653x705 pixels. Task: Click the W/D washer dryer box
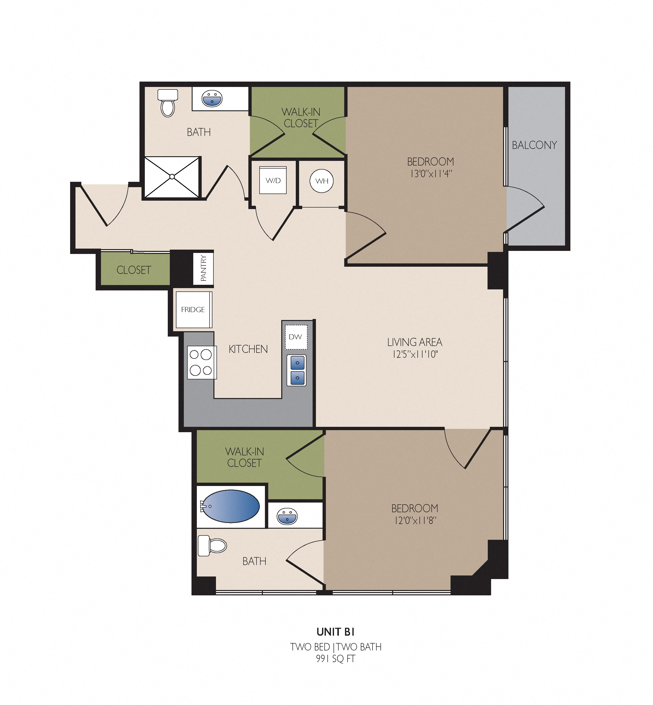pyautogui.click(x=273, y=180)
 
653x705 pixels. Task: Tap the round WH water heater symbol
pyautogui.click(x=322, y=181)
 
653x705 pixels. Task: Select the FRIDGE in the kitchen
pyautogui.click(x=194, y=310)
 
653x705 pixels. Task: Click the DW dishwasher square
pyautogui.click(x=296, y=337)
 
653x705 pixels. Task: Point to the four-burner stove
pyautogui.click(x=201, y=362)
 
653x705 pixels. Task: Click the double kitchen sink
pyautogui.click(x=297, y=370)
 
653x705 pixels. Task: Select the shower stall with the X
pyautogui.click(x=172, y=177)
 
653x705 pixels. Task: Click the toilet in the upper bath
pyautogui.click(x=168, y=103)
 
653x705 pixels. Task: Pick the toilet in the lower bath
pyautogui.click(x=212, y=546)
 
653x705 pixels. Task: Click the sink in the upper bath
pyautogui.click(x=212, y=99)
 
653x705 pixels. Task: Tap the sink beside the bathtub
pyautogui.click(x=287, y=516)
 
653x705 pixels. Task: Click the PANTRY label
pyautogui.click(x=203, y=268)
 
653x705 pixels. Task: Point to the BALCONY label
pyautogui.click(x=534, y=145)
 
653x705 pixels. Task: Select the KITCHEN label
pyautogui.click(x=248, y=349)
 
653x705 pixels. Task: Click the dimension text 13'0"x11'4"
pyautogui.click(x=431, y=174)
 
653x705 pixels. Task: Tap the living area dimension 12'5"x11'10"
pyautogui.click(x=415, y=354)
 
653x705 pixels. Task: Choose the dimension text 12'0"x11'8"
pyautogui.click(x=415, y=520)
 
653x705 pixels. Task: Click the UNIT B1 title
pyautogui.click(x=335, y=632)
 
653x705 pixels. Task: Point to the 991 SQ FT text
pyautogui.click(x=335, y=659)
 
